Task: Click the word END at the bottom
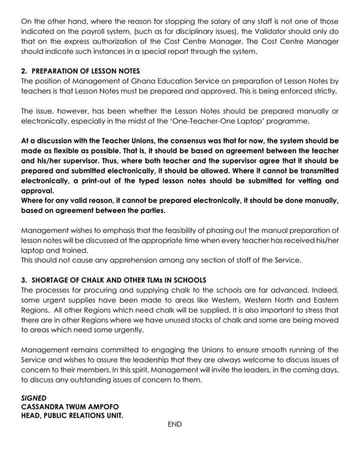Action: tap(175, 424)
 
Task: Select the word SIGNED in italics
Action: tap(34, 398)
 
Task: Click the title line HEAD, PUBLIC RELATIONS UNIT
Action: tap(72, 415)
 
